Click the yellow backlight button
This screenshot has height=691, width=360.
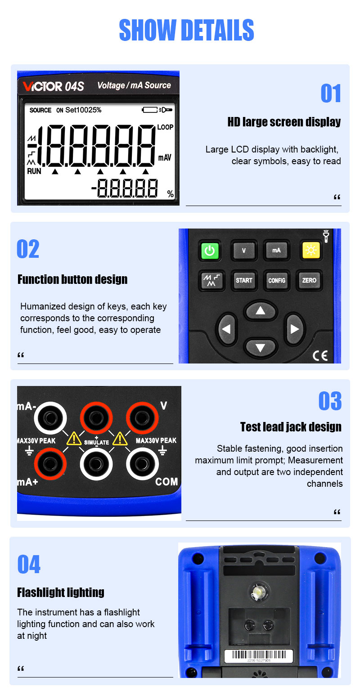(310, 250)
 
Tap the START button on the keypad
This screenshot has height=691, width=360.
(244, 280)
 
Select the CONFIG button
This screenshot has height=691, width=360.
(277, 280)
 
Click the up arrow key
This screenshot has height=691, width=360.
(261, 311)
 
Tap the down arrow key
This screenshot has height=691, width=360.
(261, 348)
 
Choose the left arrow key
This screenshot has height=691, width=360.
(227, 329)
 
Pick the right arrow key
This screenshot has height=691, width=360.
(294, 329)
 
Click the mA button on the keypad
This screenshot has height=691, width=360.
(276, 250)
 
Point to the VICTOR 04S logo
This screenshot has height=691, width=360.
(53, 86)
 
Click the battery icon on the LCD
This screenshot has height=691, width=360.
(150, 110)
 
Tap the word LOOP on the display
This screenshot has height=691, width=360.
(165, 127)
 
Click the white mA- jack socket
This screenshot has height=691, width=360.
(50, 418)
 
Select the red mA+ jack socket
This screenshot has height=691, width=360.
(50, 464)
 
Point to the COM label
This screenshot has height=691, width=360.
(166, 481)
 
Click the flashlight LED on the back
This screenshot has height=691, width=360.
(258, 591)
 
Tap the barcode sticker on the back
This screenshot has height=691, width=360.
(258, 656)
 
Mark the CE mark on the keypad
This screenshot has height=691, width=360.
(320, 356)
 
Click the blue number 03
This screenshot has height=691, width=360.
(330, 401)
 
